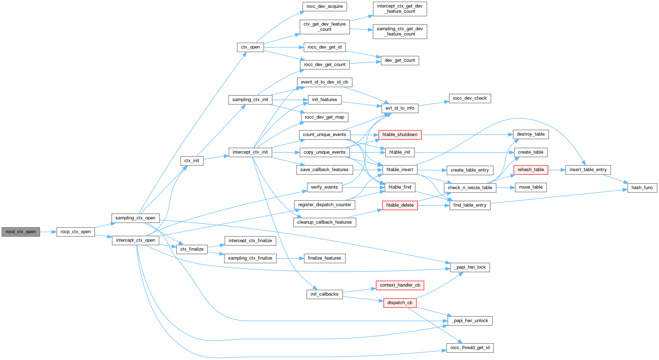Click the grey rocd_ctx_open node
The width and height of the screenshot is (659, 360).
(21, 232)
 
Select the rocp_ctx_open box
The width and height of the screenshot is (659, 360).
(76, 232)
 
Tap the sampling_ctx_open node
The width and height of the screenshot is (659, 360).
(135, 218)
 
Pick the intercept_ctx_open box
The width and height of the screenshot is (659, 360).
(135, 240)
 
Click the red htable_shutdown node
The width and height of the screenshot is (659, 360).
(400, 135)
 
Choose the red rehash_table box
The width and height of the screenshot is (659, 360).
(531, 170)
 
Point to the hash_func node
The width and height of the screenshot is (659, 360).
(642, 187)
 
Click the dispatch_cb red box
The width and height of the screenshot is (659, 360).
(400, 303)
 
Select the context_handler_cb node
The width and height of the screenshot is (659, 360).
(400, 285)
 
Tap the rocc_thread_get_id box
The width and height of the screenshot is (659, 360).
(470, 348)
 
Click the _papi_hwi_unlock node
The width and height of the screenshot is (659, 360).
(470, 321)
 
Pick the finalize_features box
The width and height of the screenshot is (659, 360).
(324, 258)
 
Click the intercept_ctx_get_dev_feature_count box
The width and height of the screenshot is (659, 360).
(400, 9)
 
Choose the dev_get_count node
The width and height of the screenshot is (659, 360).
(400, 60)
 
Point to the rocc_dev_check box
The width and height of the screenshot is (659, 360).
(470, 98)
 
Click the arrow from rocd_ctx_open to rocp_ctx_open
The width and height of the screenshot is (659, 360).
(48, 232)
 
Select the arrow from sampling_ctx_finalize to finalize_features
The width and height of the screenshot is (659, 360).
(290, 258)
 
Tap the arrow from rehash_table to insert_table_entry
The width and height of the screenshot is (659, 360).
(557, 170)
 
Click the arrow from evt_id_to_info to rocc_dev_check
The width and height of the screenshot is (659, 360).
(434, 104)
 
